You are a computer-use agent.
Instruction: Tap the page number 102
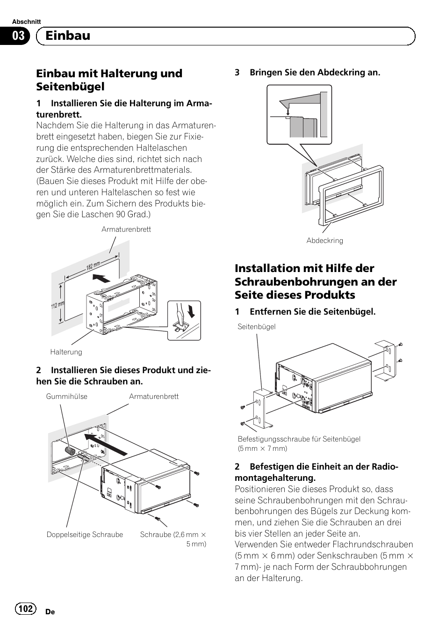26,609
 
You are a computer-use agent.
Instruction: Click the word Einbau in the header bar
68,36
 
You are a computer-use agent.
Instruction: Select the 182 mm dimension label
93,266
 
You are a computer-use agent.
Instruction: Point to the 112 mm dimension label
58,306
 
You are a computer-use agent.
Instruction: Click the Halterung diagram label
66,352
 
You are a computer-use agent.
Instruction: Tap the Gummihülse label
67,397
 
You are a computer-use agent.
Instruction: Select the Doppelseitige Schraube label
85,535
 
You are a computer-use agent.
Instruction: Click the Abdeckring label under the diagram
324,241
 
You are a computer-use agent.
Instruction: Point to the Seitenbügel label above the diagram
256,327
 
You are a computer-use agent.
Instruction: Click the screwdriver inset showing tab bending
184,320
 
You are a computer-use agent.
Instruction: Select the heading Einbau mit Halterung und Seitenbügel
109,80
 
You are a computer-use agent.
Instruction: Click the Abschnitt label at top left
26,22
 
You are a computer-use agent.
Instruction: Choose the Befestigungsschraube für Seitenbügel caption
299,439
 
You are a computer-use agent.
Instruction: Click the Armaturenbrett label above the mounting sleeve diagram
126,229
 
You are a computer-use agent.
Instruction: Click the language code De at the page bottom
50,612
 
